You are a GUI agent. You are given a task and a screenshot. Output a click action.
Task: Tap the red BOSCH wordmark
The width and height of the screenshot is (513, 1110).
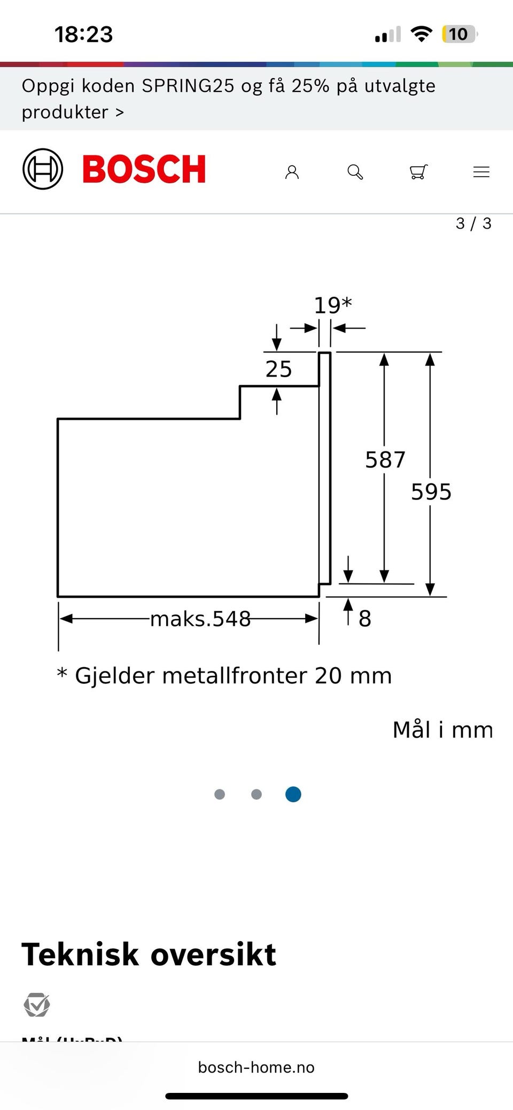tap(144, 169)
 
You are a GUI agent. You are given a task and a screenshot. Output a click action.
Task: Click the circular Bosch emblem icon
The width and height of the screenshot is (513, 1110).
tap(43, 169)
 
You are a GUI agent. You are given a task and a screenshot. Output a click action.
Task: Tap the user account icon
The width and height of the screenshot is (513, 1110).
tap(292, 172)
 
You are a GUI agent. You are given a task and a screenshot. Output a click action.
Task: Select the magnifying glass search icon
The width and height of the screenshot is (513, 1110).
tap(355, 172)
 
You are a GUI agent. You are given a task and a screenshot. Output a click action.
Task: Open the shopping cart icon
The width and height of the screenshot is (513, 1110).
tap(418, 172)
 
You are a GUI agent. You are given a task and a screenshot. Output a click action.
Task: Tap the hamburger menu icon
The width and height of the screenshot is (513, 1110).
tap(481, 172)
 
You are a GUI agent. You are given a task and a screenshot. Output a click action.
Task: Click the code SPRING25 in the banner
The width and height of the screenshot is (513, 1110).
tap(188, 86)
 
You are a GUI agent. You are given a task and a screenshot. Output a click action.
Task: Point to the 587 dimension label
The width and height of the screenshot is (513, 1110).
tap(385, 460)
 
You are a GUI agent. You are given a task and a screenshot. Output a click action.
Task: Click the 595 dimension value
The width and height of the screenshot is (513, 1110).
tap(431, 492)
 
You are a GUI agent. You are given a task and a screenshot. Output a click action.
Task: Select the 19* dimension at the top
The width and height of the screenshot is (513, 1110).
tap(332, 306)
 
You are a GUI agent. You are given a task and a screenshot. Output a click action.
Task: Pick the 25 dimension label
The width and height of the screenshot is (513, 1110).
tap(278, 369)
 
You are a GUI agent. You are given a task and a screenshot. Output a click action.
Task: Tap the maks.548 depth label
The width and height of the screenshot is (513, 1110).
tap(200, 619)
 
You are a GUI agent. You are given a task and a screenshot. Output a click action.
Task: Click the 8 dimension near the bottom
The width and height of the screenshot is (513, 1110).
tap(364, 619)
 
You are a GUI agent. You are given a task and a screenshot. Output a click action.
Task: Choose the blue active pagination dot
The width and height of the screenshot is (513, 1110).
tap(293, 794)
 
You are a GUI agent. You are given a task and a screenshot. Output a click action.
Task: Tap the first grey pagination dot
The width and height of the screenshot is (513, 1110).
tap(220, 794)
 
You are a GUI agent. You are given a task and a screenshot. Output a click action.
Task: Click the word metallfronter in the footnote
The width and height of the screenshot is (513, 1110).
tap(236, 676)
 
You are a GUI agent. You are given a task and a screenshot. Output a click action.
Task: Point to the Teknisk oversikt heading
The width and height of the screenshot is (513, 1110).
tap(149, 955)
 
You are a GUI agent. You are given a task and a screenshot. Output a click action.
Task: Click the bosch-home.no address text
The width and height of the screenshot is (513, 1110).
tap(256, 1067)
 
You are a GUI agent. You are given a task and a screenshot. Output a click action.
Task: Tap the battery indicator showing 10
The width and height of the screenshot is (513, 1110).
tap(458, 35)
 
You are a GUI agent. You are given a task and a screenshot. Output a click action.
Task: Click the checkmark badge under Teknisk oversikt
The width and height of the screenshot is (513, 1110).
tap(37, 1005)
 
